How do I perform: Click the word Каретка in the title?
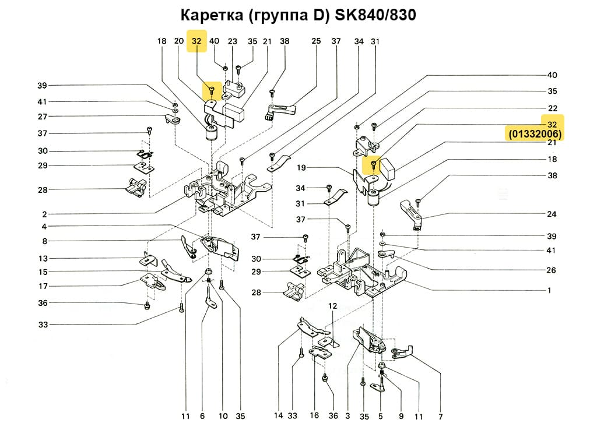coord(212,15)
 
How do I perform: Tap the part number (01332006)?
coord(535,135)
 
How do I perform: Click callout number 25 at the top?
coord(316,41)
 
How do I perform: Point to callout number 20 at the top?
coord(179,41)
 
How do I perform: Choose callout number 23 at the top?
coord(233,41)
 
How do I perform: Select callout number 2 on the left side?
coord(44,214)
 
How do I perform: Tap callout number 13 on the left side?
coord(43,259)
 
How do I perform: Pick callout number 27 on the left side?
coord(43,117)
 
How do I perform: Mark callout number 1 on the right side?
coord(549,290)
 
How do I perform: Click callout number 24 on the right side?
coord(552,214)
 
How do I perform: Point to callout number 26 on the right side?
coord(552,270)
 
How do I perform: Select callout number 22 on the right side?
coord(552,108)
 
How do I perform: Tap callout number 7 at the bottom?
coord(440,417)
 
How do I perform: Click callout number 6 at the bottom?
coord(202,416)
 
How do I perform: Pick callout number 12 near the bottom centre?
coord(332,305)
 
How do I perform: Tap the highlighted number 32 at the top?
coord(196,41)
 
